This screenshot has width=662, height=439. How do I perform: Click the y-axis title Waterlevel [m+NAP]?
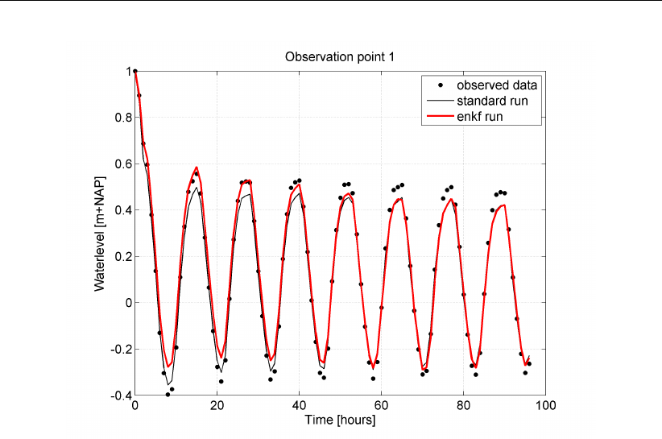coord(100,233)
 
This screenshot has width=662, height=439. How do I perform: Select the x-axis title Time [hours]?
coord(340,420)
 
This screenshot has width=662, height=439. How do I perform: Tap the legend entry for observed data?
coord(497,85)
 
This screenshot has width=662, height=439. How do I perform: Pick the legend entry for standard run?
coord(498,101)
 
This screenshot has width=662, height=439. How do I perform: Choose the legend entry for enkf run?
coord(486,117)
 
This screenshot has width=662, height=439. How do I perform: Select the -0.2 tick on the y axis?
coord(118,349)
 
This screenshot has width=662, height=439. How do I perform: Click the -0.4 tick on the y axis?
coord(118,395)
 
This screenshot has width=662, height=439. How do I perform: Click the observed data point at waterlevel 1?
coord(135,71)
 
